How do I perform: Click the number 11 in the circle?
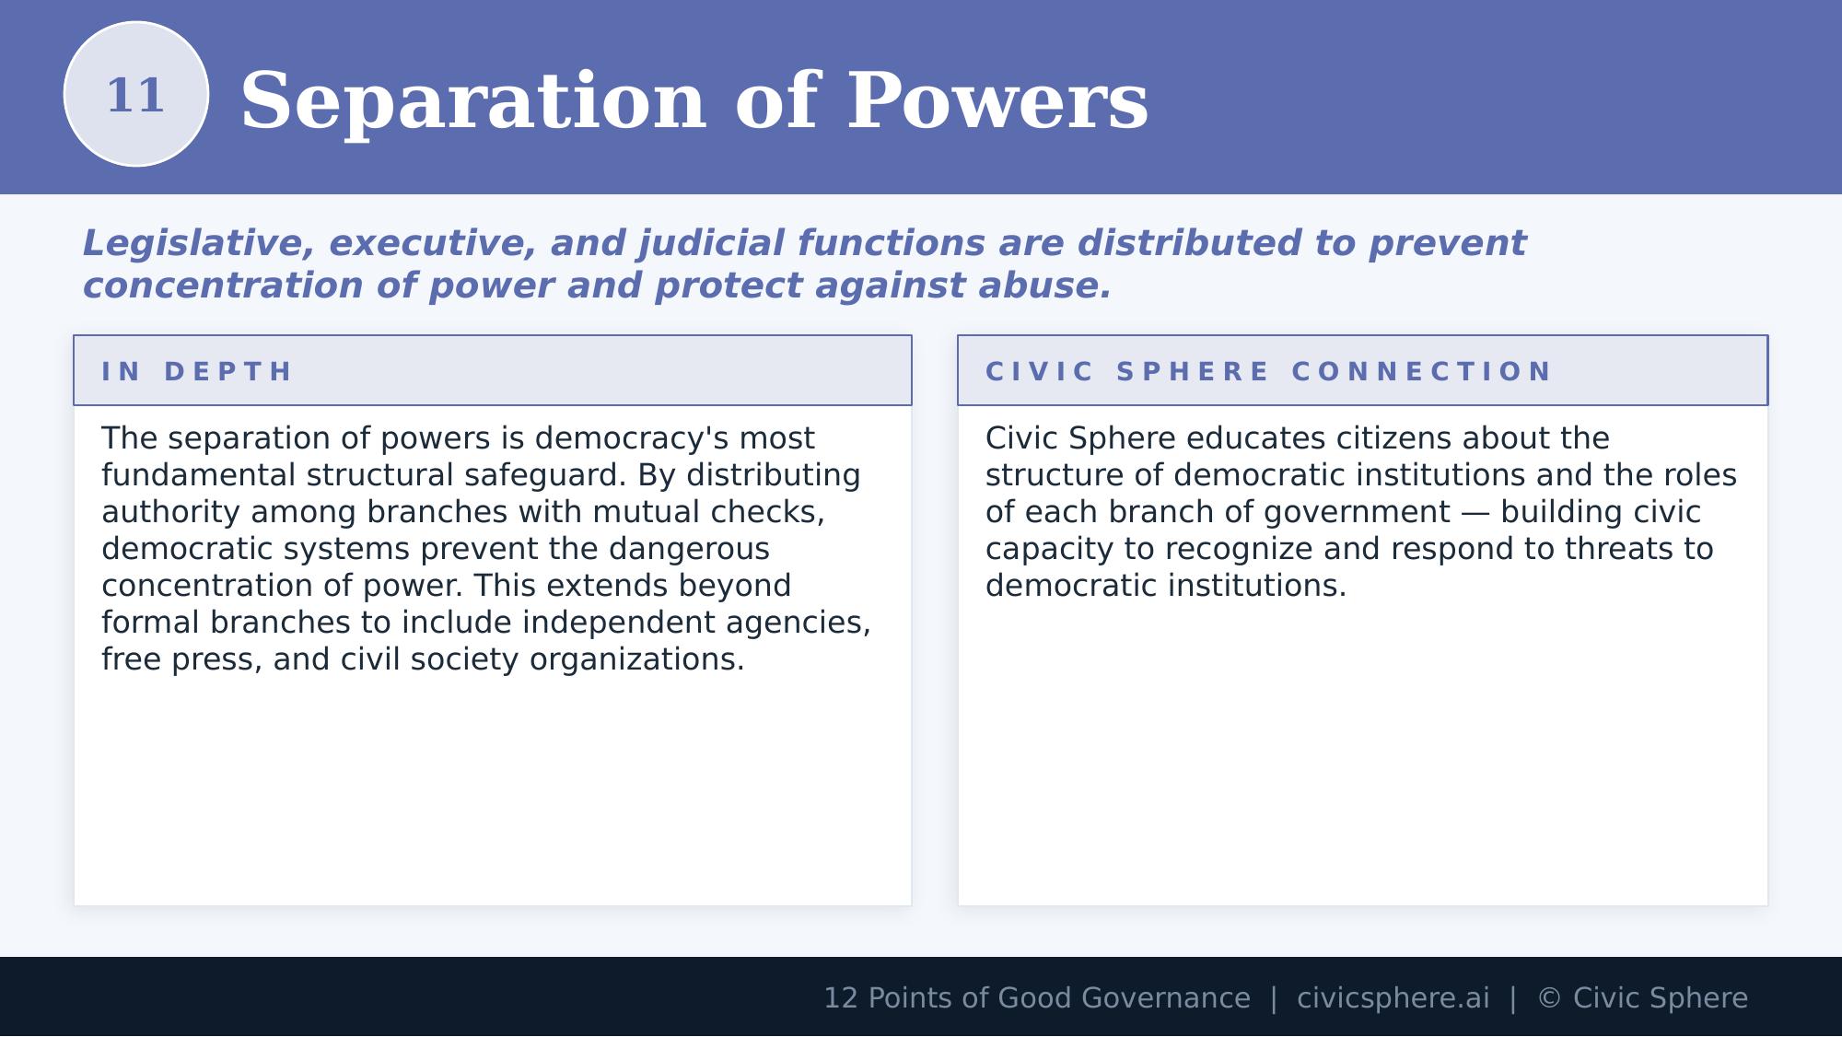[x=136, y=96]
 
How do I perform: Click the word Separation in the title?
[x=472, y=101]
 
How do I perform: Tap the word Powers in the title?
[x=997, y=101]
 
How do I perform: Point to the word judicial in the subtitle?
[x=712, y=244]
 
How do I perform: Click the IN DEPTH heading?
[x=197, y=372]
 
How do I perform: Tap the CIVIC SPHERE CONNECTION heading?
[x=1268, y=372]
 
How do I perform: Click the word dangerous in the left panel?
[x=689, y=549]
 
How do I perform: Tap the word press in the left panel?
[x=221, y=659]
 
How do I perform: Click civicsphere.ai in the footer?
[x=1393, y=998]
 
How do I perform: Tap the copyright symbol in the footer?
[x=1549, y=998]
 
